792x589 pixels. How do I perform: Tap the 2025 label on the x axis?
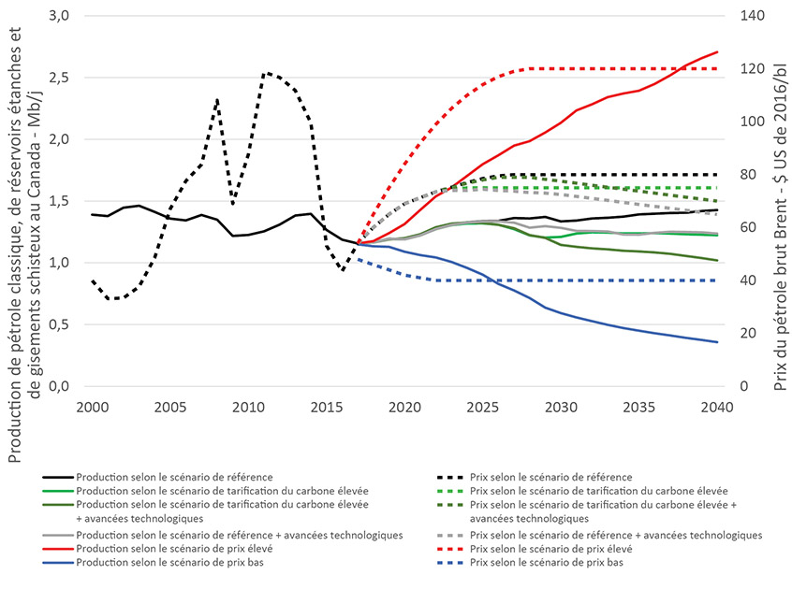(x=482, y=409)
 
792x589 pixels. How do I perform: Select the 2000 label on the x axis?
(x=92, y=409)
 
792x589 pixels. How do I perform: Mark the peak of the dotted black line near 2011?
(x=266, y=72)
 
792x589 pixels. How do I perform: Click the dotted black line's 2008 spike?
(x=217, y=99)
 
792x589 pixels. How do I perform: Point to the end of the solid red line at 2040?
(x=717, y=51)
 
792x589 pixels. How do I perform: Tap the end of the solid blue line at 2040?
(x=717, y=342)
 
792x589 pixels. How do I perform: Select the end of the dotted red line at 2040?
(x=717, y=68)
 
